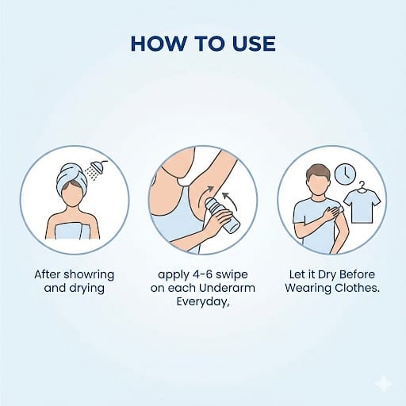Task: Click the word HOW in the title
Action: coord(159,44)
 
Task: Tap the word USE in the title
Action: coord(254,44)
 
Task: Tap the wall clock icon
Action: coord(345,174)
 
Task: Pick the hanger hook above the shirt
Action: coord(362,185)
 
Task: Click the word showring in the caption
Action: coord(89,275)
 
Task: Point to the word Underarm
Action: coord(227,288)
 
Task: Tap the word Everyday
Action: coord(202,301)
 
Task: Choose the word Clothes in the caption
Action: coord(357,288)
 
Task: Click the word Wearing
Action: coord(308,289)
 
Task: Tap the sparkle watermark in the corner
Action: coord(384,384)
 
